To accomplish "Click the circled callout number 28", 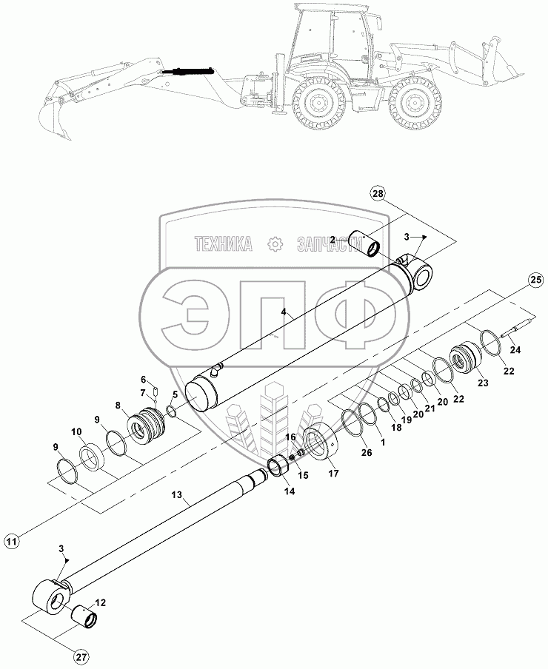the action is (x=377, y=194).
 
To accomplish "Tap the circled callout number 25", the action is (x=535, y=280).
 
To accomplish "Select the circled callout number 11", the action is (x=13, y=542).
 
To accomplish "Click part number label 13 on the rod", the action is (x=177, y=495).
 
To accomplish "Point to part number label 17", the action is (x=333, y=473).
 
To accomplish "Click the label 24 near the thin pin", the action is (x=515, y=350).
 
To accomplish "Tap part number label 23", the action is (x=483, y=383).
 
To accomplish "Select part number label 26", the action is (x=367, y=453).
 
